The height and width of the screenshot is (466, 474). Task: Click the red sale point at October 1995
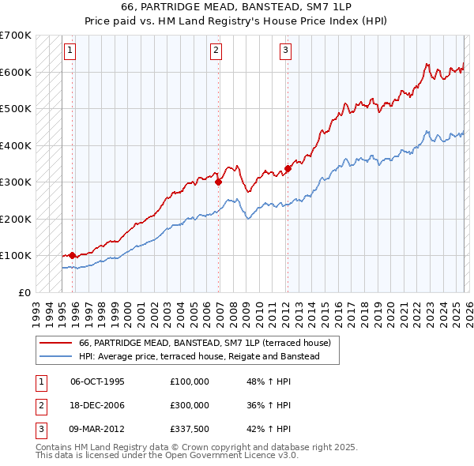point(72,255)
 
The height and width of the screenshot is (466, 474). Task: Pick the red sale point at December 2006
point(218,182)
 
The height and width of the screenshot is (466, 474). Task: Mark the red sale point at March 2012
point(288,167)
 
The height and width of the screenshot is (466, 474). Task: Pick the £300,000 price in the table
point(190,405)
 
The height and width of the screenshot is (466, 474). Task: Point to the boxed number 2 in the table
point(39,405)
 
